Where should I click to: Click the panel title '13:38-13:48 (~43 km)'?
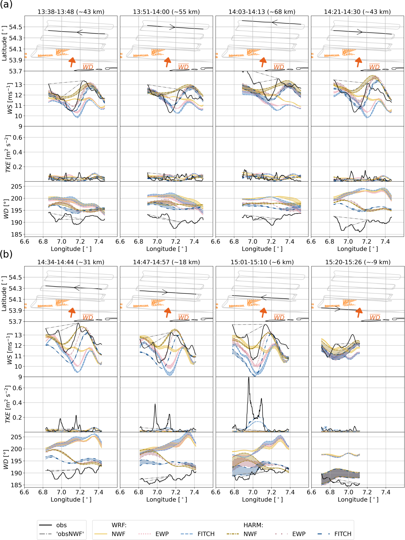click(71, 12)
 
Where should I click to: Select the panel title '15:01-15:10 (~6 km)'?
click(262, 262)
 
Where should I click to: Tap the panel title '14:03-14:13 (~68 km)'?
click(262, 12)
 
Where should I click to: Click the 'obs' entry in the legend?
click(61, 525)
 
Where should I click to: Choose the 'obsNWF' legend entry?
click(70, 534)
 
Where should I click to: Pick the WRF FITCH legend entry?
click(206, 534)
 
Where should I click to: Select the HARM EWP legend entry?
click(299, 534)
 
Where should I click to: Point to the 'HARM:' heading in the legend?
click(253, 525)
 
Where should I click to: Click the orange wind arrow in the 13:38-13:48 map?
click(72, 62)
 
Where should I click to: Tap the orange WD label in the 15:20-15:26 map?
click(375, 317)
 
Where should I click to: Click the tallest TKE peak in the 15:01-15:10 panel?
click(248, 378)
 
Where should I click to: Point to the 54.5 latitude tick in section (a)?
click(16, 27)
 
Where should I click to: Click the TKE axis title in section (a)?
click(8, 154)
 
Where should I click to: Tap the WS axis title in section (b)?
click(9, 349)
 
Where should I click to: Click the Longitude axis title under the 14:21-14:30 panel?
click(357, 249)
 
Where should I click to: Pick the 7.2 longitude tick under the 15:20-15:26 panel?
click(367, 492)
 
